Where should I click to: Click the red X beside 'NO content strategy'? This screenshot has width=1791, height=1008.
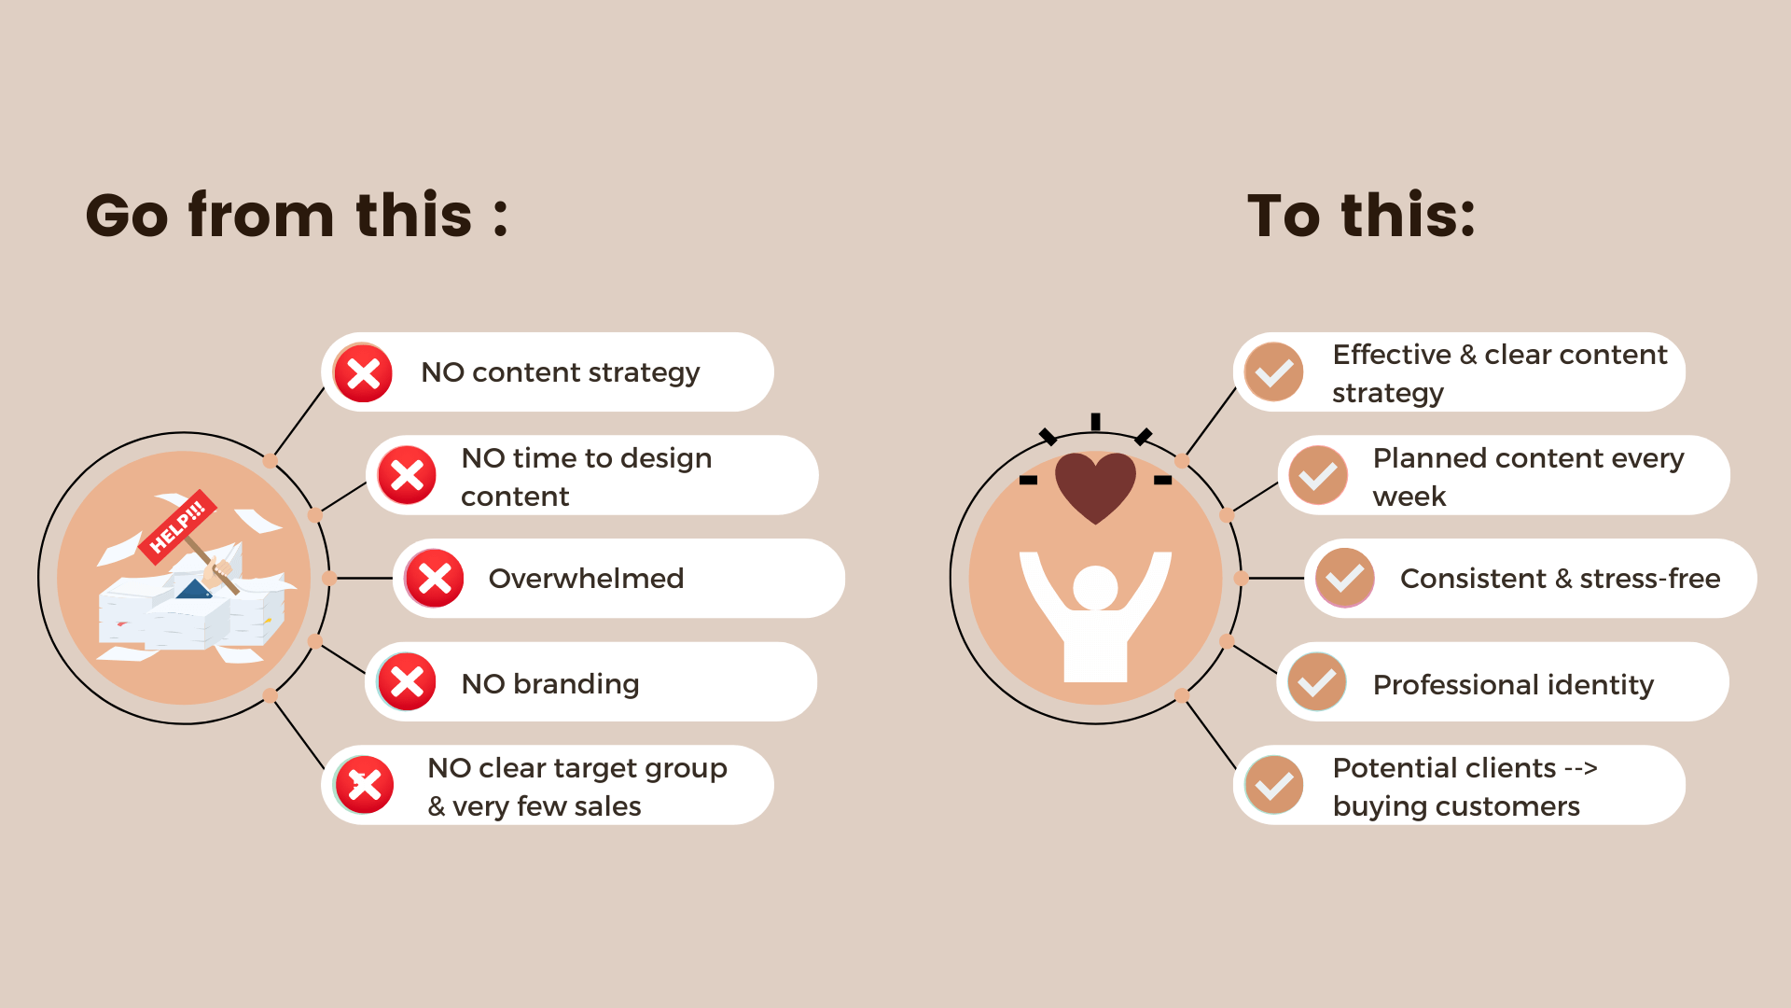point(363,373)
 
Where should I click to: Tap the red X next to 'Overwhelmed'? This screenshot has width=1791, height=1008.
point(435,579)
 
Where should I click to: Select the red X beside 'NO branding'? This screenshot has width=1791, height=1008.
point(407,682)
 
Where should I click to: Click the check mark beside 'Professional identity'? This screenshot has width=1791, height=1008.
point(1317,682)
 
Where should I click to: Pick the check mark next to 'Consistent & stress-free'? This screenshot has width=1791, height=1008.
point(1345,579)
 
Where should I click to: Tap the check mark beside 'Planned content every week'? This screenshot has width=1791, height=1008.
point(1318,476)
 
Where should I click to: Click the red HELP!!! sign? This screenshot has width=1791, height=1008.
point(177,526)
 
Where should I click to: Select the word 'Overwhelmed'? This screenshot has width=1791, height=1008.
point(586,579)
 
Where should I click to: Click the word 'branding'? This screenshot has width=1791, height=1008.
point(576,684)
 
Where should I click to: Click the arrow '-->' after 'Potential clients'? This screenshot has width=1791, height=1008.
point(1581,769)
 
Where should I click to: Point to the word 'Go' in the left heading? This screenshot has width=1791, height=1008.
point(127,216)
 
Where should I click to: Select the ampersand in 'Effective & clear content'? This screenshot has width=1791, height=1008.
point(1468,355)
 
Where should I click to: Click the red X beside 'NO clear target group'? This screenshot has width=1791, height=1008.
point(364,785)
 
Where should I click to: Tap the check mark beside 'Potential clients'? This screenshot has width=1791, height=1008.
point(1273,785)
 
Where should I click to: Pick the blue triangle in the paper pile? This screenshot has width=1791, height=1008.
point(194,590)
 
